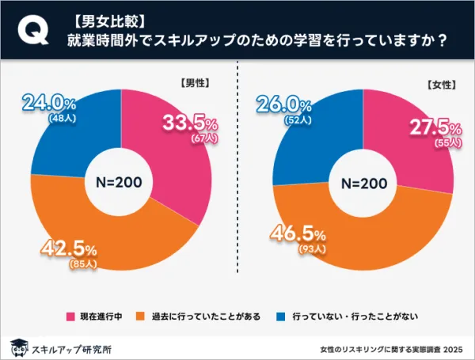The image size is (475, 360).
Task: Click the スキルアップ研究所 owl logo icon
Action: (x=17, y=346)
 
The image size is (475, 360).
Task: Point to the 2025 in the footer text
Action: (x=452, y=347)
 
